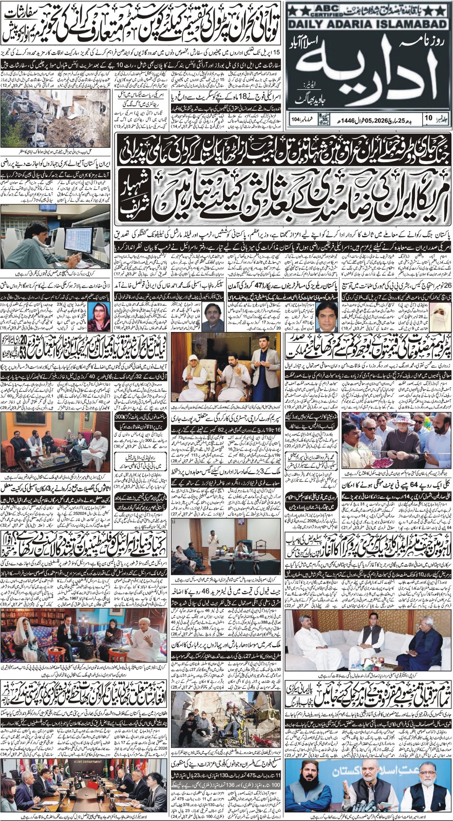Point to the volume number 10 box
coord(429,118)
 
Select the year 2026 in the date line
coord(369,119)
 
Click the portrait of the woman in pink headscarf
coord(99,314)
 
